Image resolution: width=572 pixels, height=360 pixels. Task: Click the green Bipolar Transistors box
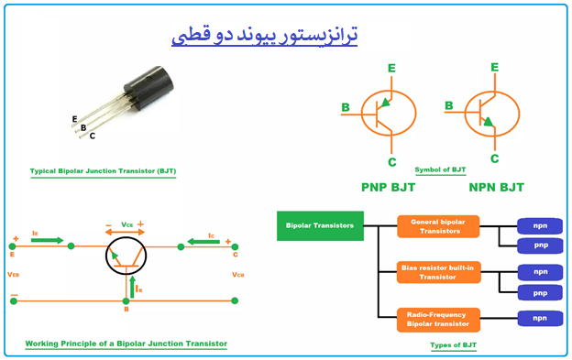tap(319, 225)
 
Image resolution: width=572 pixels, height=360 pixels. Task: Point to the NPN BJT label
tap(496, 187)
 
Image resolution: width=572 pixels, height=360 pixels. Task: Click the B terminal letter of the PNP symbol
tap(346, 108)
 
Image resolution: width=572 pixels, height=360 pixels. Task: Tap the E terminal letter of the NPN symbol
tap(494, 67)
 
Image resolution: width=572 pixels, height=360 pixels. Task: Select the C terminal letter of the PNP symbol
tap(391, 162)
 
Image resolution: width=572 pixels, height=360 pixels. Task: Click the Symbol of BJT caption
tap(441, 170)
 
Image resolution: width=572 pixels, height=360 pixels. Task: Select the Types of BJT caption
tap(454, 345)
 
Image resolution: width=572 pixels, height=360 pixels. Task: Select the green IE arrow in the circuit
tap(48, 240)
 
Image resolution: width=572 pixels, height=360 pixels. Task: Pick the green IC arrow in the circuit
tap(203, 241)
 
